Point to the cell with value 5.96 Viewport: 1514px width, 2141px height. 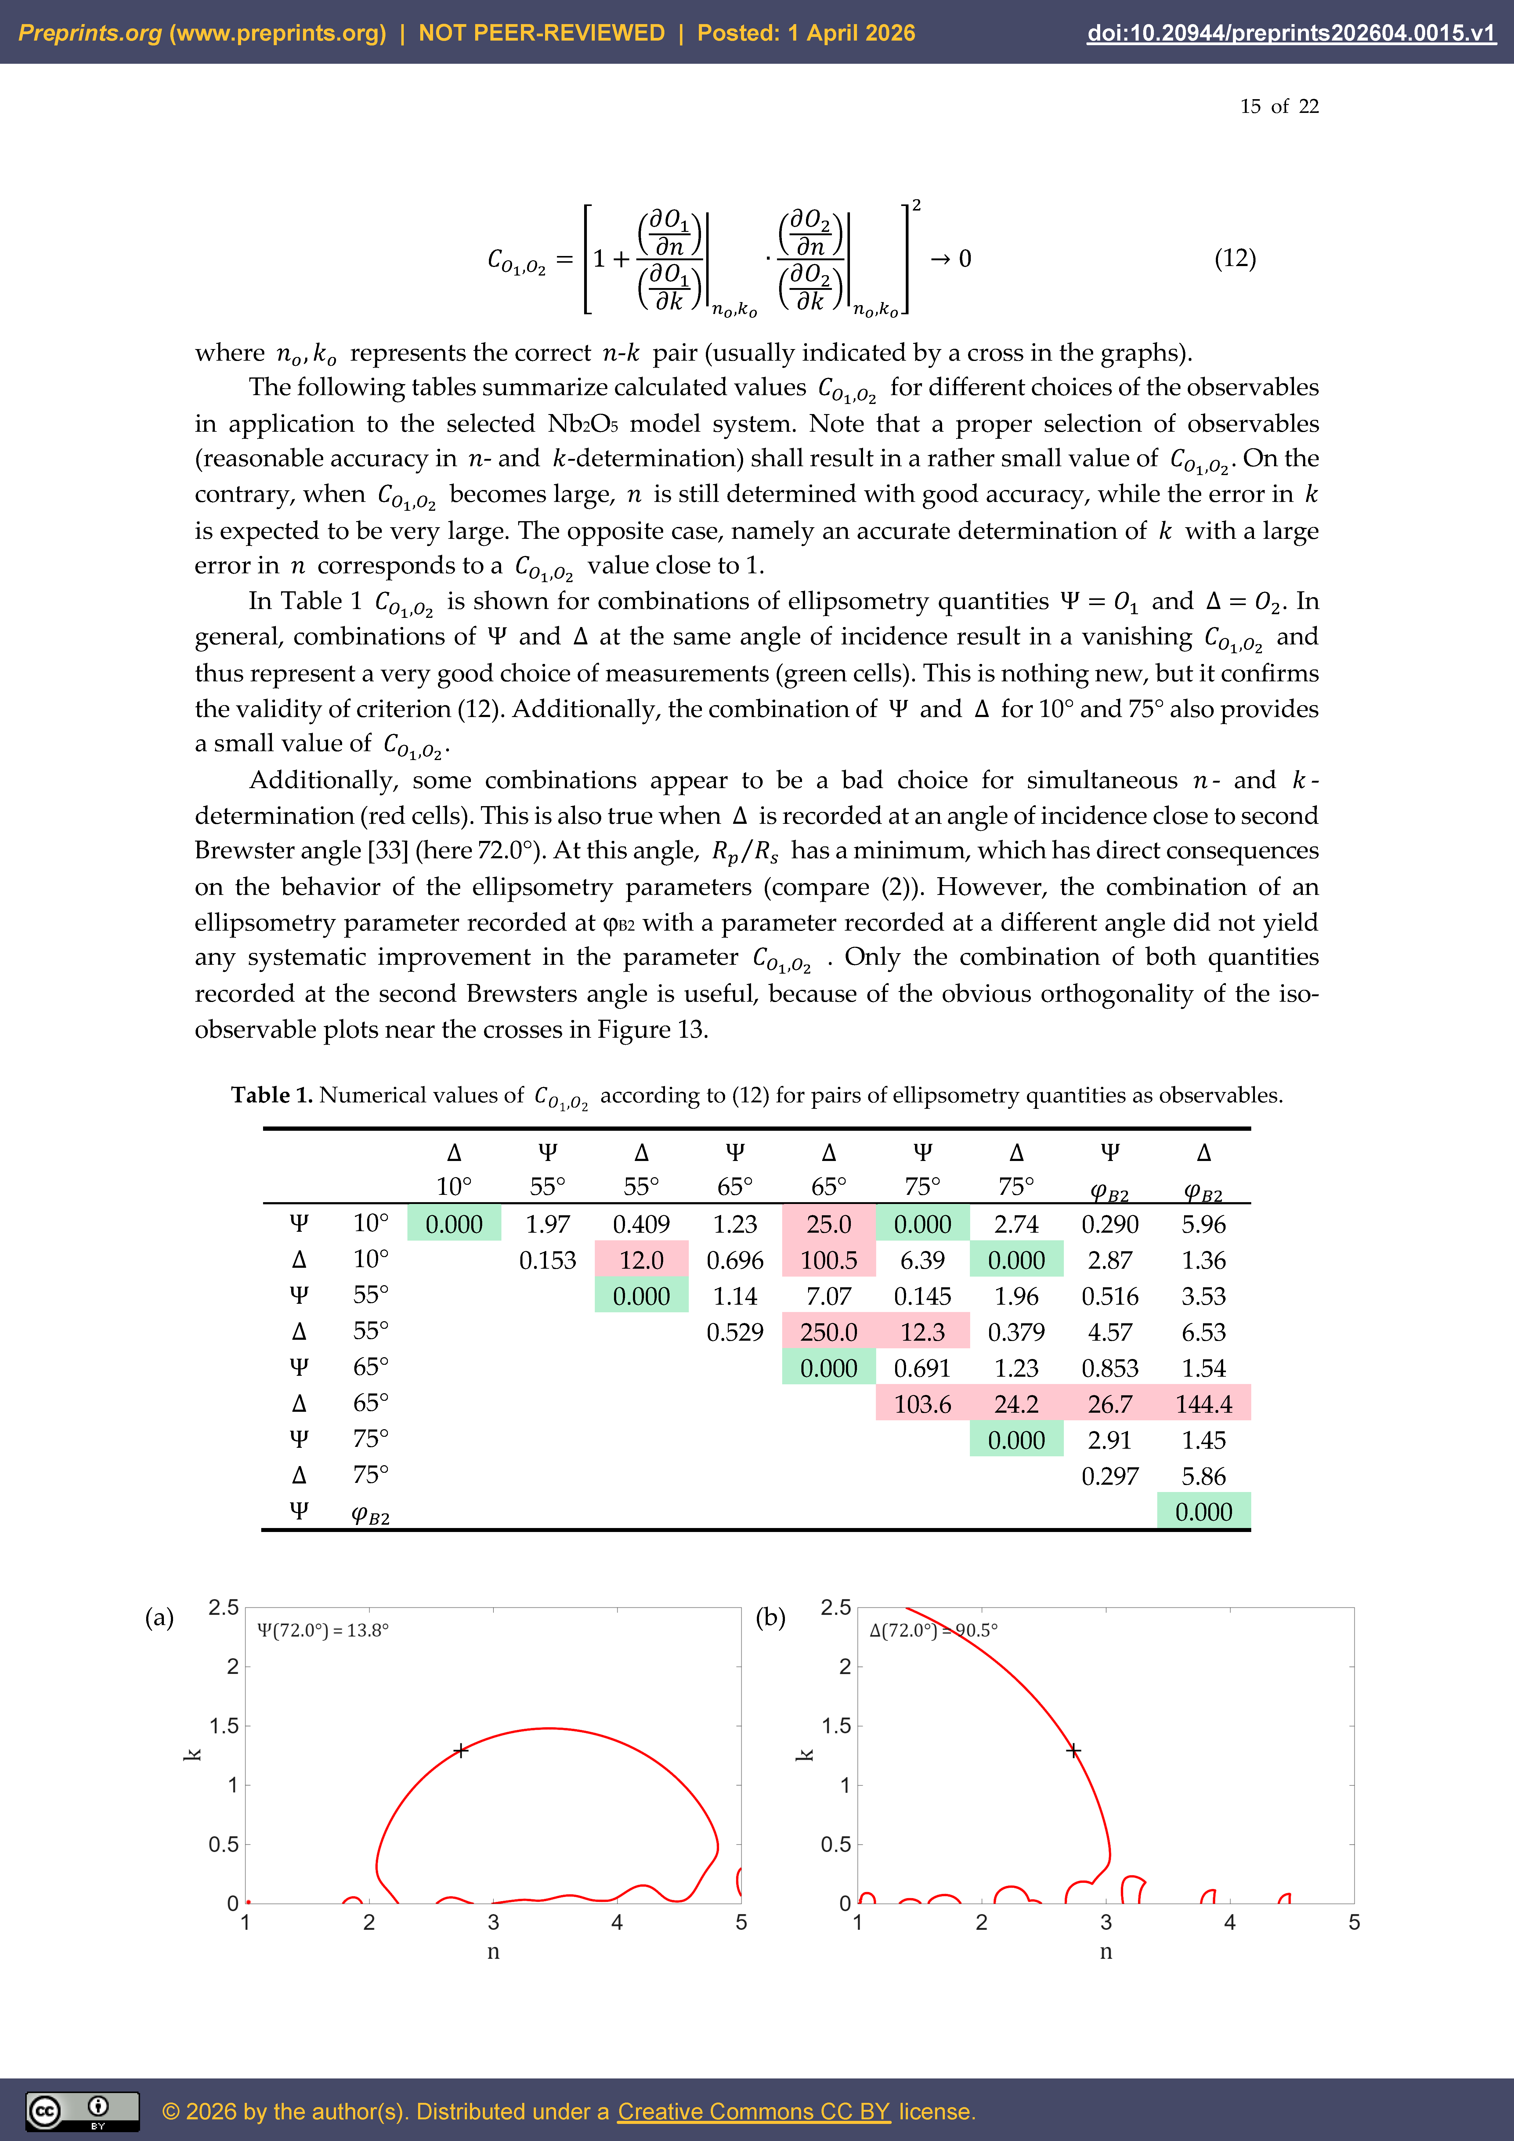[x=1203, y=1224]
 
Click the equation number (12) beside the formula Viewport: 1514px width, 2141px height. [x=1234, y=258]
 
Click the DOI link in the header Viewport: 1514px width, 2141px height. [x=1291, y=33]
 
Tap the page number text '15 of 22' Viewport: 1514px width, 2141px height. [x=1279, y=106]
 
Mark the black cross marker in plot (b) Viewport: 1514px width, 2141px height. [x=1074, y=1750]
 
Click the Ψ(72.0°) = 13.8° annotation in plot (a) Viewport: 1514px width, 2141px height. [x=323, y=1630]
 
